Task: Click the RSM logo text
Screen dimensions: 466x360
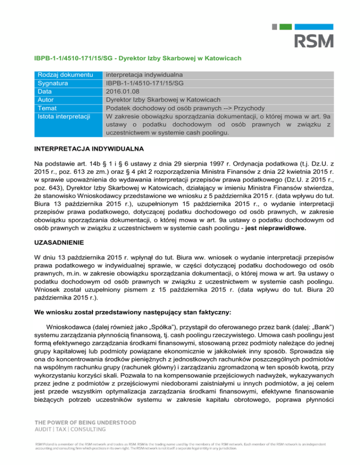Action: click(x=314, y=40)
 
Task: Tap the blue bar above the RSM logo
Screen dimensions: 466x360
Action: click(x=316, y=27)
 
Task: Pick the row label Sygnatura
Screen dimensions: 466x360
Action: click(x=54, y=83)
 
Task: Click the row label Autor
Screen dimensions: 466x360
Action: click(x=47, y=100)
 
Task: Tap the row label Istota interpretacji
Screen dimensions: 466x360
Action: click(x=64, y=117)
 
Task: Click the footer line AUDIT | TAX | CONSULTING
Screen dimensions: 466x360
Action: click(x=68, y=430)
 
